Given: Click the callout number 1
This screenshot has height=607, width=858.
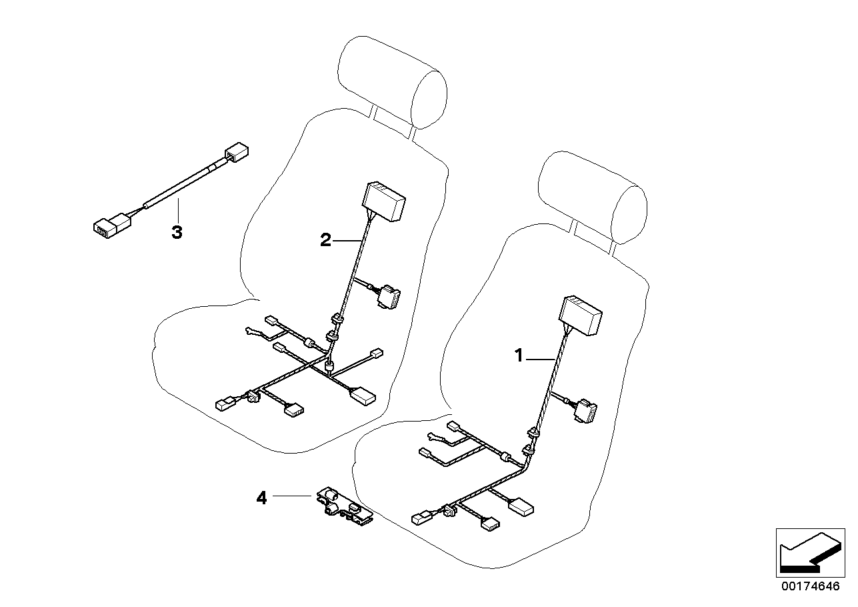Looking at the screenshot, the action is tap(519, 356).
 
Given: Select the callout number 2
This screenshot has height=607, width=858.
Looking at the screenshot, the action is tap(325, 240).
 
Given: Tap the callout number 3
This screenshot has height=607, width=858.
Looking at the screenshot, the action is tap(177, 232).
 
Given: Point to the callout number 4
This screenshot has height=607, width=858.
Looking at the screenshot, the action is tap(261, 498).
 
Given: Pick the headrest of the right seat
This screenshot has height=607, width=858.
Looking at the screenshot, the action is tap(593, 197).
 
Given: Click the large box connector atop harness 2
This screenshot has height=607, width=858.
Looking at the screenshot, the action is tap(384, 201).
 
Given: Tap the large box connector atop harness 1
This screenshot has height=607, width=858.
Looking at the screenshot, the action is tap(580, 316).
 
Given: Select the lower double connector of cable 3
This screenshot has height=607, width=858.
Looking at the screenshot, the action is tap(112, 225).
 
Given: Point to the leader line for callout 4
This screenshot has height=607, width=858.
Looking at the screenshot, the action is tap(292, 496).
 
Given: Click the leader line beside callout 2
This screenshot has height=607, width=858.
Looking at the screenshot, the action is tap(347, 240).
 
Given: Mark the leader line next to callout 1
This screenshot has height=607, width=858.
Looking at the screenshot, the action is tap(541, 359).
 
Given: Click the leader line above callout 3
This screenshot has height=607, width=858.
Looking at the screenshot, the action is tap(178, 210).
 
